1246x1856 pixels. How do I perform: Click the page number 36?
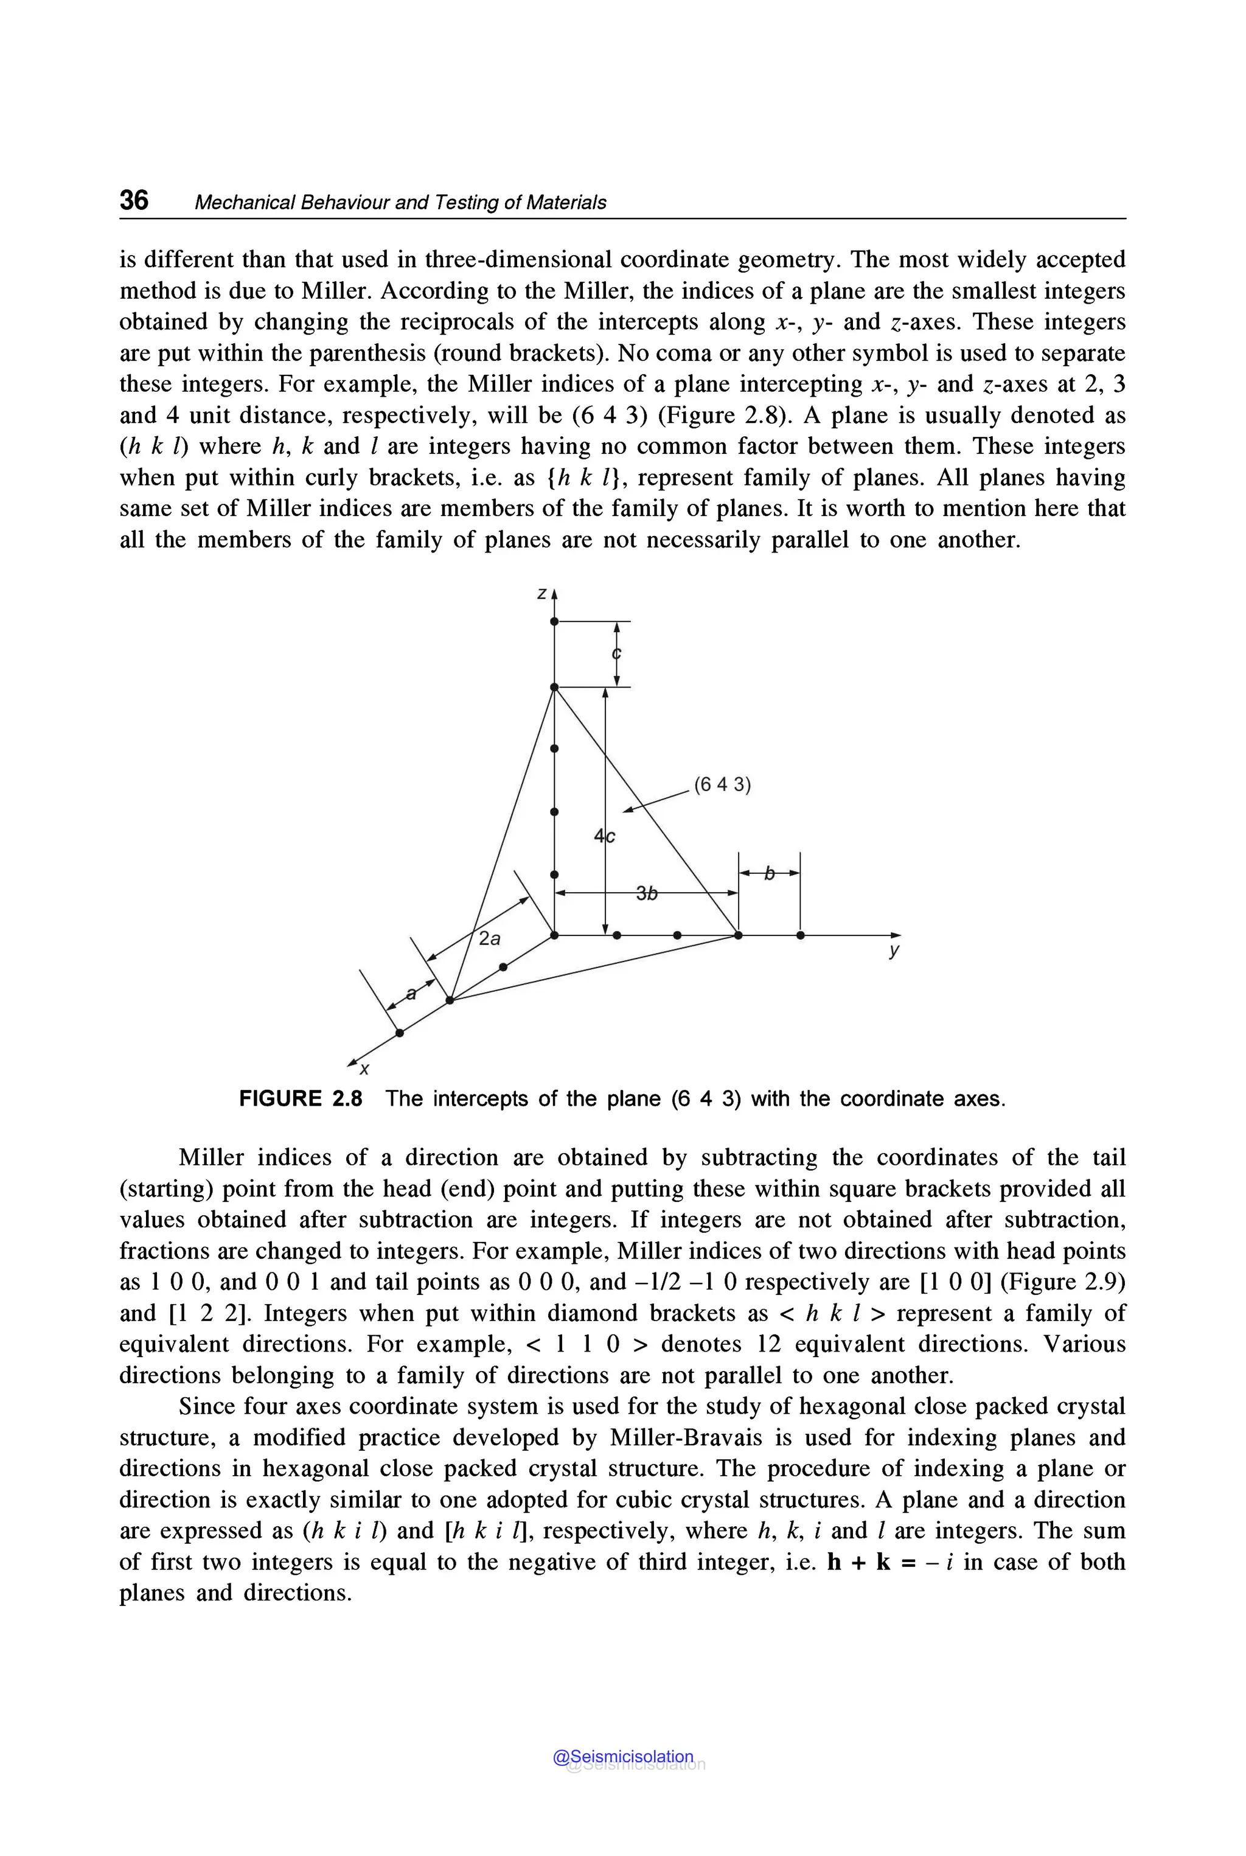click(x=133, y=200)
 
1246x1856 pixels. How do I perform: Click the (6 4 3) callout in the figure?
click(x=722, y=786)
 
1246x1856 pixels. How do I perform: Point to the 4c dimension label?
click(x=604, y=836)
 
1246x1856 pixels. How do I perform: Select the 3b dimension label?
click(x=647, y=894)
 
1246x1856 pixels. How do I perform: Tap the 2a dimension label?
click(x=490, y=939)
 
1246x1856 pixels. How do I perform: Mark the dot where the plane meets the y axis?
click(x=738, y=935)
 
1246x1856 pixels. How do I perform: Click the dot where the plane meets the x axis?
click(x=450, y=1000)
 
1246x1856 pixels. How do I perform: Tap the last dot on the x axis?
click(x=400, y=1033)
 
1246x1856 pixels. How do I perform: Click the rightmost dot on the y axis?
click(x=800, y=935)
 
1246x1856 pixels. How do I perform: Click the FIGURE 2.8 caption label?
click(x=301, y=1098)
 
